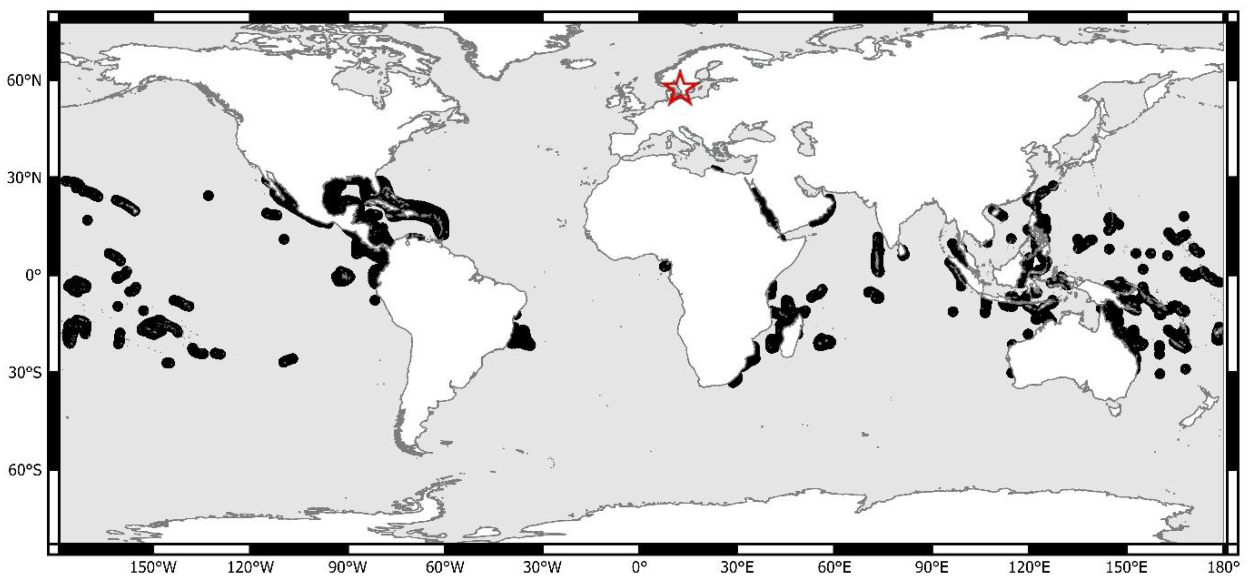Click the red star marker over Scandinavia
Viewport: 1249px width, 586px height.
click(x=680, y=88)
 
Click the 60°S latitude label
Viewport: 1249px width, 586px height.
click(x=24, y=470)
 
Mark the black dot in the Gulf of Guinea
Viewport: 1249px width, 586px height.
click(x=665, y=265)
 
